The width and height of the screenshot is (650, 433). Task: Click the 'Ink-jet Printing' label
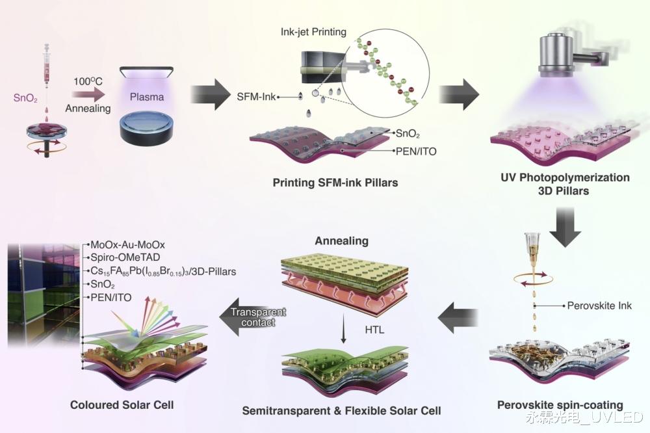coord(313,32)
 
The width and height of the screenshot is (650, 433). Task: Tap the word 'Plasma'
coord(147,97)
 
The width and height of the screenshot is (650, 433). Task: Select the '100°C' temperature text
coord(88,81)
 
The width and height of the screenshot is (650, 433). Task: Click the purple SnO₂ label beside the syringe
coord(25,98)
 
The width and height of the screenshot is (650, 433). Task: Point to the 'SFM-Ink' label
coord(256,97)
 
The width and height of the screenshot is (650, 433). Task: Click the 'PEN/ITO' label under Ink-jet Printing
coord(416,151)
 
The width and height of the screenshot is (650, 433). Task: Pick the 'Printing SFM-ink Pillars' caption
coord(335,183)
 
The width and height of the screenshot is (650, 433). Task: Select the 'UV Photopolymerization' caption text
coord(565,177)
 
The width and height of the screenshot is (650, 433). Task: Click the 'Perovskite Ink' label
coord(599,306)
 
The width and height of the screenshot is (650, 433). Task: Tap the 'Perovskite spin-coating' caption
coord(560,405)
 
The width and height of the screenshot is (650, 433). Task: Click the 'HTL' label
coord(374,330)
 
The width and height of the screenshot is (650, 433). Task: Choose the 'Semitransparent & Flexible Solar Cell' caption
coord(342,411)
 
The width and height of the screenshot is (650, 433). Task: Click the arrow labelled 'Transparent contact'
coord(253,317)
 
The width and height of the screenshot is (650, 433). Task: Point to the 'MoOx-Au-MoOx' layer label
coord(127,244)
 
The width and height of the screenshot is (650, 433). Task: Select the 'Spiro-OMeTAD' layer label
coord(125,257)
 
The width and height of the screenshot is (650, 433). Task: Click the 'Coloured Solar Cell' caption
coord(122,405)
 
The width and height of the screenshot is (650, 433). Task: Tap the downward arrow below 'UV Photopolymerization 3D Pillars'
coord(565,228)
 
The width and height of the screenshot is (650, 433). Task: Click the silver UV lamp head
coord(557,53)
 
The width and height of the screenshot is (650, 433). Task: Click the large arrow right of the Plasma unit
coord(210,94)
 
